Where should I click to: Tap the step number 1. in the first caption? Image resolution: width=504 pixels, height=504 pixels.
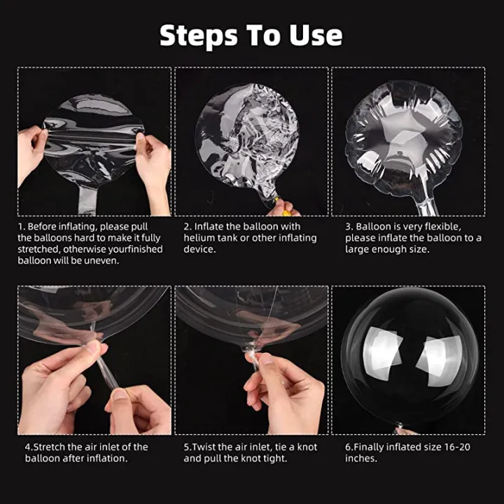coord(22,227)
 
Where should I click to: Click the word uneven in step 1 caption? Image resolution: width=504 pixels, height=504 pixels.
coord(101,260)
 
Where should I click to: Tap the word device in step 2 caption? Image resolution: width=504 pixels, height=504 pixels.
coord(199,249)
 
